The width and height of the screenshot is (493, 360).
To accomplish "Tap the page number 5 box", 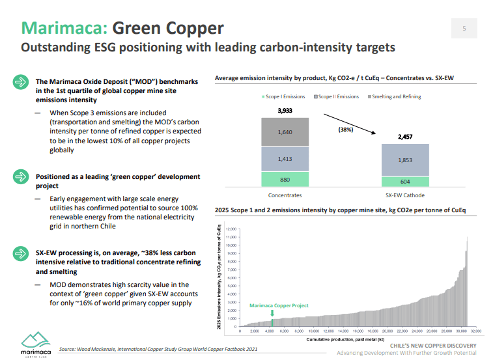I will (x=464, y=28).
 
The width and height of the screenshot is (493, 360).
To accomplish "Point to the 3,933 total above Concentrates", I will (x=285, y=111).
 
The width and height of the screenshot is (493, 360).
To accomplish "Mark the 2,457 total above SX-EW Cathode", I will (x=406, y=137).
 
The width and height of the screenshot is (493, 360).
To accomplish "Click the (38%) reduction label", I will (x=346, y=130).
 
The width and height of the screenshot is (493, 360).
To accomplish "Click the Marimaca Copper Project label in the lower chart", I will (x=279, y=305).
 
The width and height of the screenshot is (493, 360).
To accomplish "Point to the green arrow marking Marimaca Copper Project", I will (x=272, y=314).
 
